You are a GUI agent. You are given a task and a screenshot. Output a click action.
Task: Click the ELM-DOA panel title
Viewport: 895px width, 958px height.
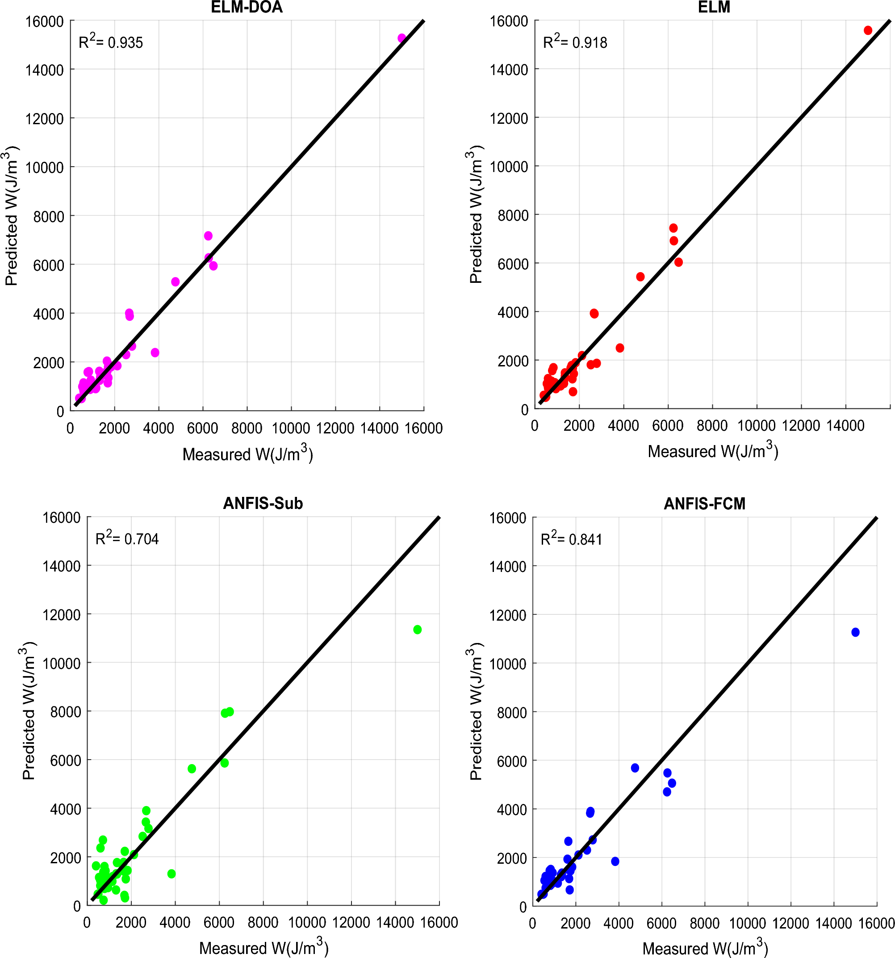[247, 7]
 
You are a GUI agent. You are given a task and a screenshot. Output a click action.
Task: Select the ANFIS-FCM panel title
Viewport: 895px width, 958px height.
[704, 504]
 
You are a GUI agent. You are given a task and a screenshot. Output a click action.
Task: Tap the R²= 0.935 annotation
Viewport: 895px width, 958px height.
[111, 42]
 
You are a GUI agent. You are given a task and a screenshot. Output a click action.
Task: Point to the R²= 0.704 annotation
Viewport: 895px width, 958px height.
[127, 538]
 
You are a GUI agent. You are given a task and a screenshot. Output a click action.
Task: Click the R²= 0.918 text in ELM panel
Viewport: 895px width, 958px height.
[575, 42]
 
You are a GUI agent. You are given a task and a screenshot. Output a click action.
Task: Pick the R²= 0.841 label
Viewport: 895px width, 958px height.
[571, 539]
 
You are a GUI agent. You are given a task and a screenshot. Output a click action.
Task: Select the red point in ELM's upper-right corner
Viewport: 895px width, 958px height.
[868, 30]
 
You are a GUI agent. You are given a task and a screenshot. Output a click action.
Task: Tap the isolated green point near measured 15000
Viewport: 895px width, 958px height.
[417, 629]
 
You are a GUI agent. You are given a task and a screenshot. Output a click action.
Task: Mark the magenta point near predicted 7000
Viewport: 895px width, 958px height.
[208, 235]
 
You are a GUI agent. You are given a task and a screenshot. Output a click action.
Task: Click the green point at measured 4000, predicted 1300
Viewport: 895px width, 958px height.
[171, 874]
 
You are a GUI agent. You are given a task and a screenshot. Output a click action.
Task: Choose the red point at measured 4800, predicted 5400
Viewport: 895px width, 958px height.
[640, 277]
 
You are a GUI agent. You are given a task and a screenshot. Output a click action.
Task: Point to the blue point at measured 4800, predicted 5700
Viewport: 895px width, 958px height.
[635, 768]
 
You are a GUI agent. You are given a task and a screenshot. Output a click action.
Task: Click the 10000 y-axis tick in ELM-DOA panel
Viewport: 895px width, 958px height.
[44, 168]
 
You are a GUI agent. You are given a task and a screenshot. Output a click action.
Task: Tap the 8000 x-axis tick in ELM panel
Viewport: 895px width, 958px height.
[712, 425]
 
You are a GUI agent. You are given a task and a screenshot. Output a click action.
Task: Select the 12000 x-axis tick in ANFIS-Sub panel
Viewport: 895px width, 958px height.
[351, 922]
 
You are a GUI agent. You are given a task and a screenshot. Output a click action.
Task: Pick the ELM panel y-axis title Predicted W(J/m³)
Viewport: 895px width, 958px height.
[476, 214]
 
